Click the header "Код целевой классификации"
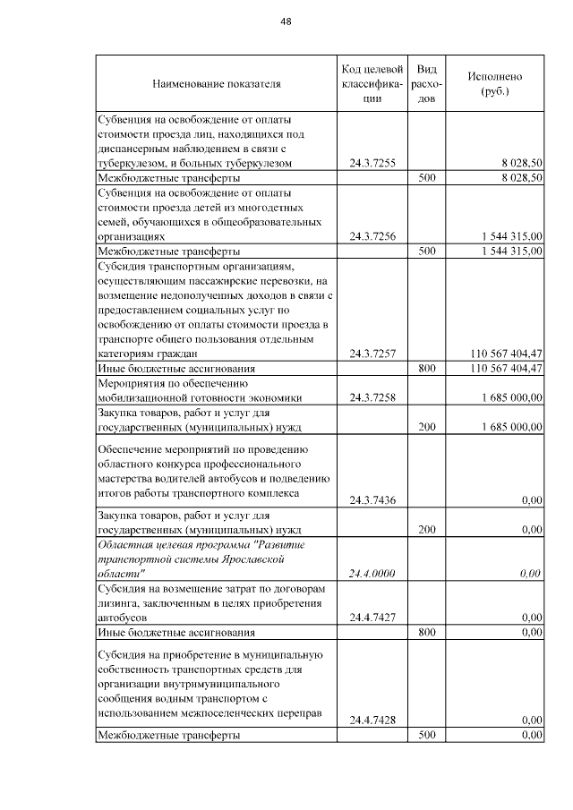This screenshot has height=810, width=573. tap(372, 84)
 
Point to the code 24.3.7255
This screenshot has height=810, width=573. tap(372, 163)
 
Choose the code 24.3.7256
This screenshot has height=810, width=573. tap(372, 235)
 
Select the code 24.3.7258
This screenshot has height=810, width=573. tap(372, 396)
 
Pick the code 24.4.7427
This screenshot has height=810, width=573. tap(372, 617)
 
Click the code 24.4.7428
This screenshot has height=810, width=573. tap(372, 719)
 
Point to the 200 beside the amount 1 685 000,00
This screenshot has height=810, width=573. tap(426, 427)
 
